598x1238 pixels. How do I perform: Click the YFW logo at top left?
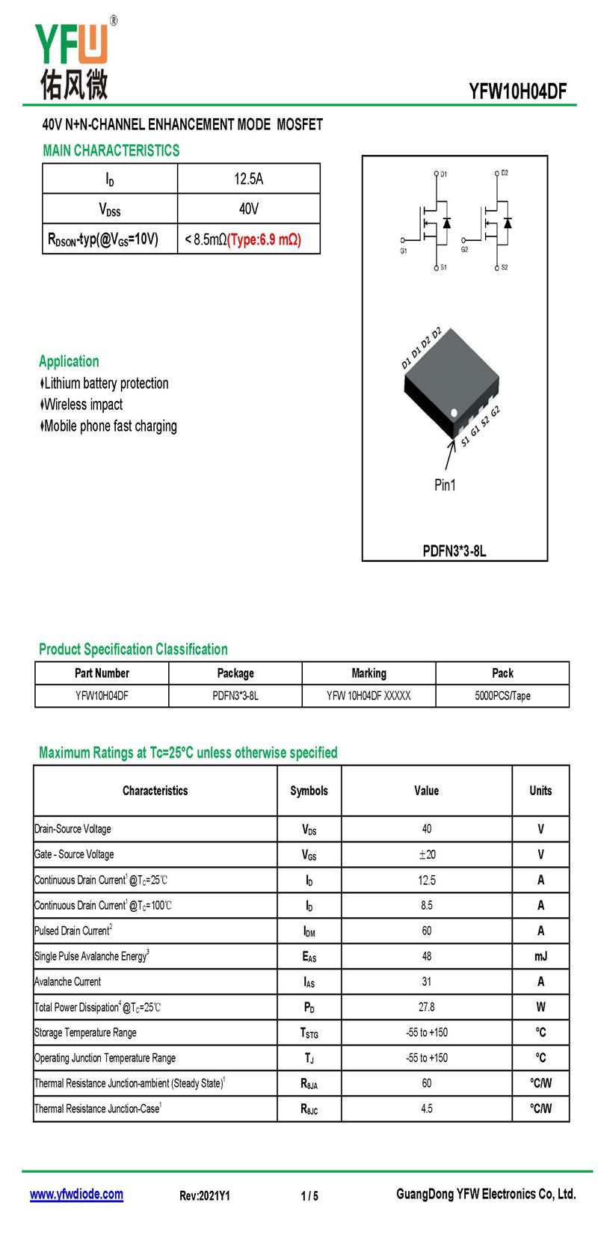click(x=73, y=60)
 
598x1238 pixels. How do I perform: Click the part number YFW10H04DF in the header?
click(x=517, y=91)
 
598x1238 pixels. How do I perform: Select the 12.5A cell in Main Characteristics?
click(x=248, y=179)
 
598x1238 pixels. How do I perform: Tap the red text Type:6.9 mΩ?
click(x=264, y=239)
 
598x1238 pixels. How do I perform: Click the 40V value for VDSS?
click(x=248, y=209)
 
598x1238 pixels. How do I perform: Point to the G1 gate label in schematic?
click(x=404, y=251)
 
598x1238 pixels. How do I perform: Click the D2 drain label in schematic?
click(x=505, y=173)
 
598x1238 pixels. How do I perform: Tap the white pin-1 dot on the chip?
click(x=454, y=412)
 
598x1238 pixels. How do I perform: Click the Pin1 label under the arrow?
click(x=445, y=485)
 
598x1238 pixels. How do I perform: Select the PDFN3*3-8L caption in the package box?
click(x=454, y=551)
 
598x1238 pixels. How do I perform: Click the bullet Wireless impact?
click(x=83, y=405)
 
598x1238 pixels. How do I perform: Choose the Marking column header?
click(x=369, y=673)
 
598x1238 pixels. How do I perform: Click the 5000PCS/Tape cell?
click(x=502, y=696)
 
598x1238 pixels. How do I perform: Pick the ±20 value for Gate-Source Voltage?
click(x=426, y=854)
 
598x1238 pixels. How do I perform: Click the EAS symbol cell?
click(x=309, y=957)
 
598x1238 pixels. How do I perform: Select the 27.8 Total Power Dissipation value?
click(x=426, y=1007)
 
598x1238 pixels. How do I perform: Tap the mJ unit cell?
click(x=540, y=957)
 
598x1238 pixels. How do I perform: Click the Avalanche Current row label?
click(x=68, y=981)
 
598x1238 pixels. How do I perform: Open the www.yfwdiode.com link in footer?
click(x=76, y=1195)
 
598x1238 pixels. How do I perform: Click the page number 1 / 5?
click(x=309, y=1196)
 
